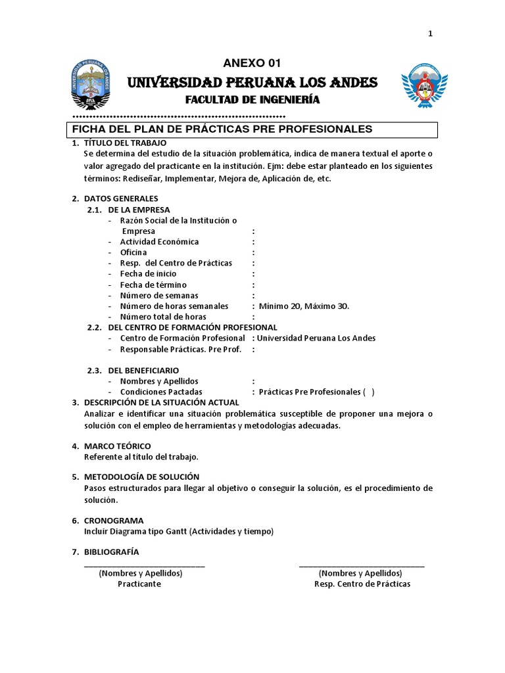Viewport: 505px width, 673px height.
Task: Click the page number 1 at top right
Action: coord(430,34)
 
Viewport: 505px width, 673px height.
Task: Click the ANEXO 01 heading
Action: coord(252,64)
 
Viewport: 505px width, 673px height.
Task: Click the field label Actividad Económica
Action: coord(159,242)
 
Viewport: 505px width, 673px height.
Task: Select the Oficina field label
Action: coord(133,252)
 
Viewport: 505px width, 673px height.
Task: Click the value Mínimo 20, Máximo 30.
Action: coord(304,306)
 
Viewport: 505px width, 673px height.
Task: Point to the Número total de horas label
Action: coord(158,317)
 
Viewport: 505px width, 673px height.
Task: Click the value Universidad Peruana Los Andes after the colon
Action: coord(316,338)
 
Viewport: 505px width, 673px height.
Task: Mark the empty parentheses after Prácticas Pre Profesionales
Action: coord(368,392)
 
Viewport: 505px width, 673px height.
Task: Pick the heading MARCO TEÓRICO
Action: coord(117,446)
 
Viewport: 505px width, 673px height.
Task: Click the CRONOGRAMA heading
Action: coord(114,521)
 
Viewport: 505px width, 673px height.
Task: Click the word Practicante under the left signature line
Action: coord(139,584)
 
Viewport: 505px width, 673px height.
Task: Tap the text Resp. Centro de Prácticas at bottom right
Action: coord(362,584)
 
